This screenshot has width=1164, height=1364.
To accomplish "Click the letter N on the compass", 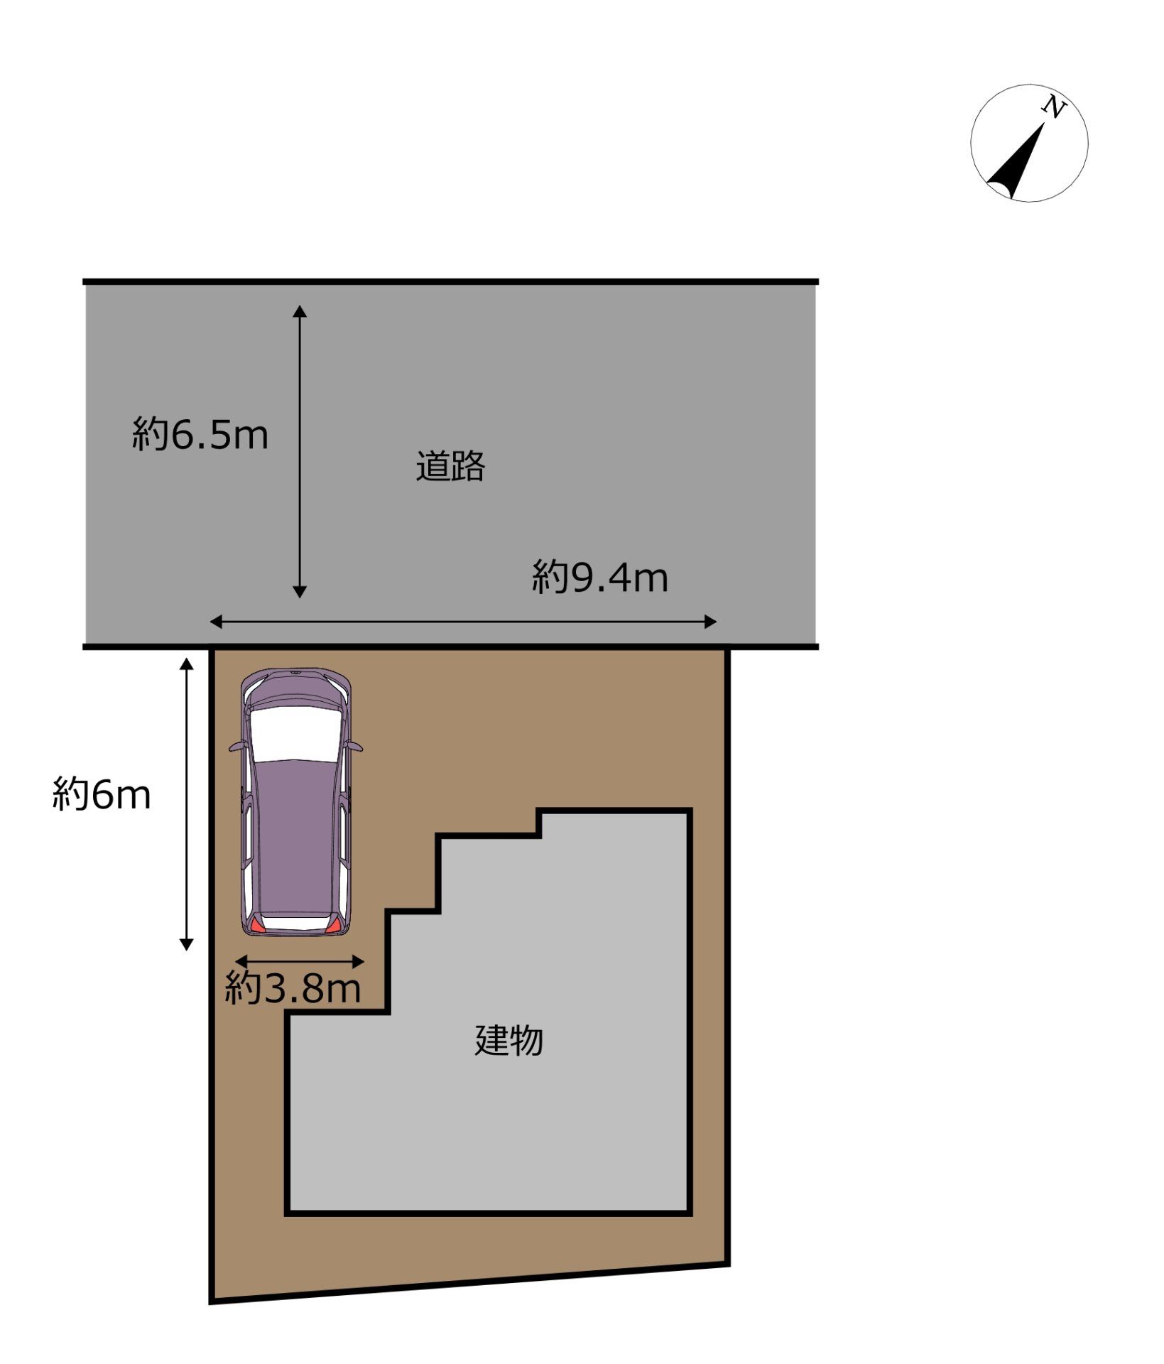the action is (x=1055, y=107).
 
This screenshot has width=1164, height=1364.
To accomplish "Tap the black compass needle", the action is (x=1015, y=164).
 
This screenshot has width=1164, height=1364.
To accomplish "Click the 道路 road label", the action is (x=450, y=467).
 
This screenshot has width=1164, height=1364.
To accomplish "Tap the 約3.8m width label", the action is (x=293, y=987).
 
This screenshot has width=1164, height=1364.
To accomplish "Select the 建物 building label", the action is (x=508, y=1041).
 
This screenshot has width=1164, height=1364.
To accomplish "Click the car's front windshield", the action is (x=295, y=733).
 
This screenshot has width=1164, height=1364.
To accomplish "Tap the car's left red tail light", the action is (x=256, y=924).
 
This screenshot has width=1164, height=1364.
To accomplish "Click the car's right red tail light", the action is (x=334, y=924).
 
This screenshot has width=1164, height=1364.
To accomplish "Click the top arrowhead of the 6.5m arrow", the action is (x=300, y=311).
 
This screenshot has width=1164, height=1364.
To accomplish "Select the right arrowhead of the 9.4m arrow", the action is (x=710, y=622).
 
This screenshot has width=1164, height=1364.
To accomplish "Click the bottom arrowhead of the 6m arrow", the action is (x=186, y=944).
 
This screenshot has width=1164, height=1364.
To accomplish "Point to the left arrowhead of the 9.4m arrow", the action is (x=217, y=622).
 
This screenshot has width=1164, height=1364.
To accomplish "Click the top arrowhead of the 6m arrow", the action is (x=186, y=664).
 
